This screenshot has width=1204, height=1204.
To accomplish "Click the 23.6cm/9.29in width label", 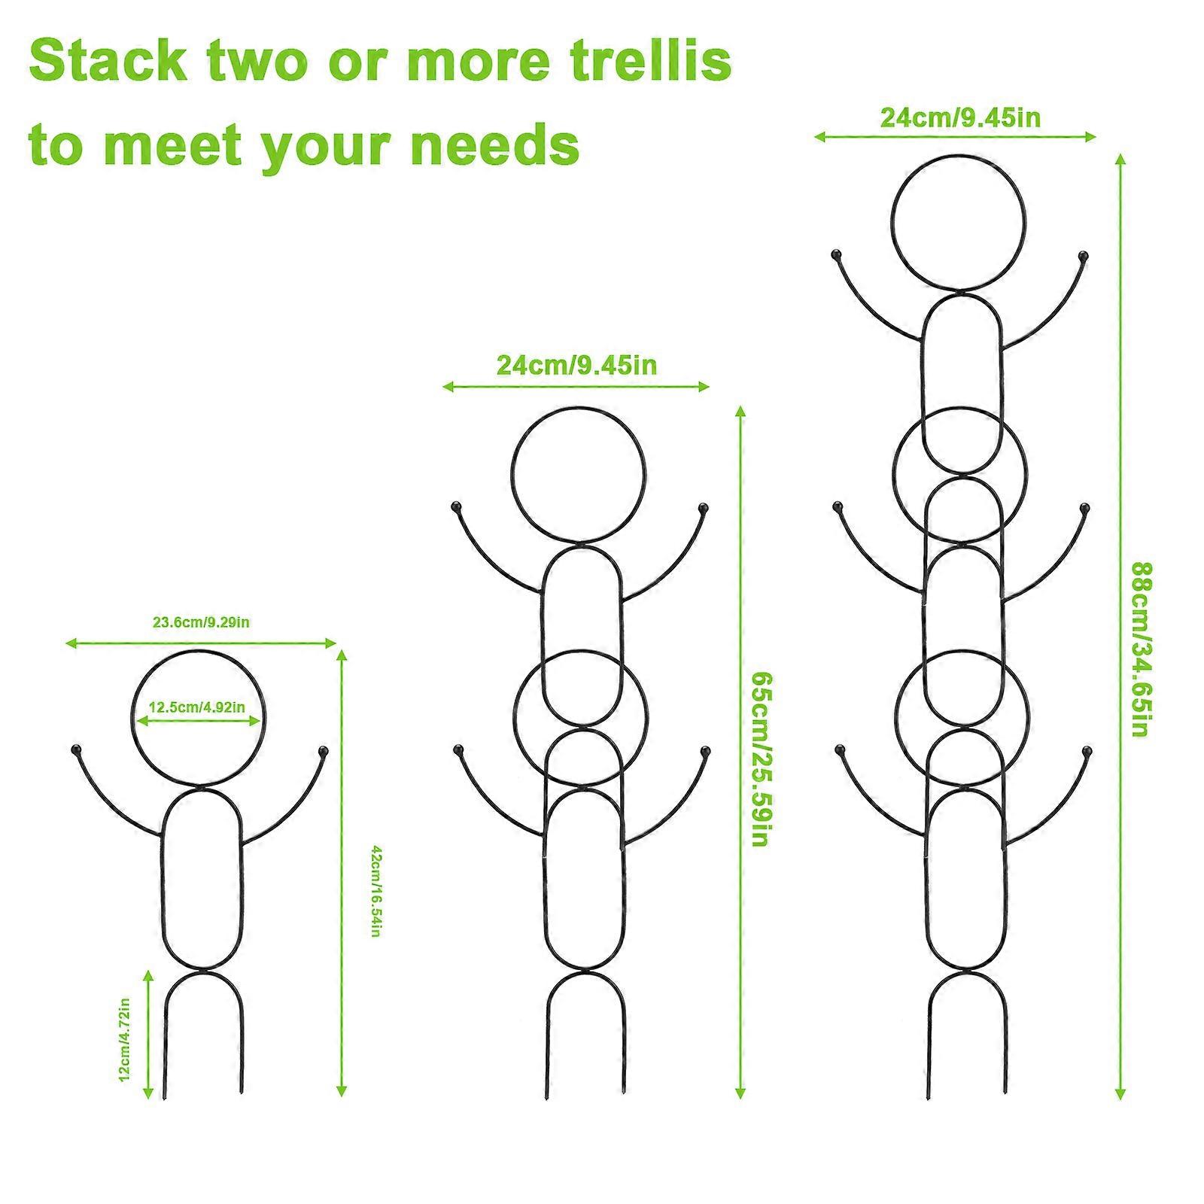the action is [202, 622].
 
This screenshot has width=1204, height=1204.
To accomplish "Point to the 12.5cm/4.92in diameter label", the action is [197, 707].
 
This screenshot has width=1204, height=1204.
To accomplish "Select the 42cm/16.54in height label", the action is [376, 892].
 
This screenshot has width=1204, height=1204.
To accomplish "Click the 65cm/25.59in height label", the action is [759, 759].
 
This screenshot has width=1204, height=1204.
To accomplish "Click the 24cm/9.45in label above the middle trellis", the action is [576, 365].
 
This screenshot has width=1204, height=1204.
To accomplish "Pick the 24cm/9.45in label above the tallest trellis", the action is [961, 118].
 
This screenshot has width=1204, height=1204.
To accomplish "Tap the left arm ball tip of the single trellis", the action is [74, 750].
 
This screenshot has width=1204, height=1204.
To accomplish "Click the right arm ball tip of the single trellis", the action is [324, 750].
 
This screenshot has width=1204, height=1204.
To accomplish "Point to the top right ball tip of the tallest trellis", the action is [1084, 256].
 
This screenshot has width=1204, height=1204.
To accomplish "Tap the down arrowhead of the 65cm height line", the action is [740, 1094].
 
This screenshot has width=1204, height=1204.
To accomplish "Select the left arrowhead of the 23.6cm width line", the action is [71, 643].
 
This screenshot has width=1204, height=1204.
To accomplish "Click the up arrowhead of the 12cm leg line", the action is [148, 975].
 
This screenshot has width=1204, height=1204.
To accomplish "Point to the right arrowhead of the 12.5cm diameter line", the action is [256, 721].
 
